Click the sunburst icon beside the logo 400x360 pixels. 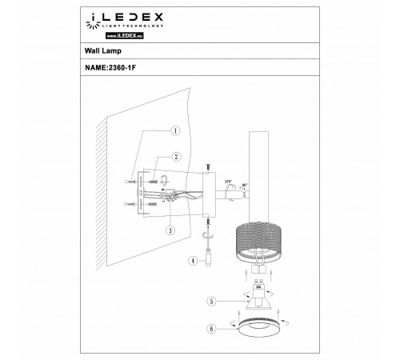[91, 16]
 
